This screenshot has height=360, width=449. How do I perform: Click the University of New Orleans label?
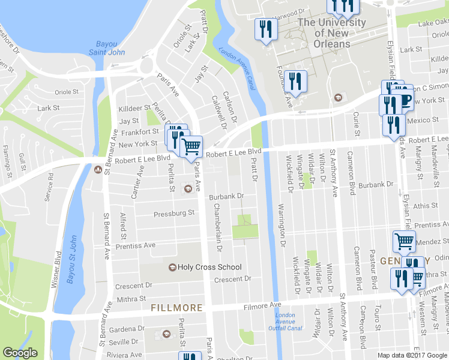331,33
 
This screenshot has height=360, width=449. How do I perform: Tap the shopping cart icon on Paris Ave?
191,146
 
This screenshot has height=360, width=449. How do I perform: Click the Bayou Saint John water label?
110,48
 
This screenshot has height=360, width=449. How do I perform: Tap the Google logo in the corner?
20,353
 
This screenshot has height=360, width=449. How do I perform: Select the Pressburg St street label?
174,213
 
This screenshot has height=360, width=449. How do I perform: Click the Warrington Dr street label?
281,226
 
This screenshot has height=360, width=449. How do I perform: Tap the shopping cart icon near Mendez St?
404,241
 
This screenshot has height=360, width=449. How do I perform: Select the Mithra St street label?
131,298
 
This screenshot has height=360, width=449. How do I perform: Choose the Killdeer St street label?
134,108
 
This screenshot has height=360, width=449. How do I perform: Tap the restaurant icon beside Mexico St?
394,125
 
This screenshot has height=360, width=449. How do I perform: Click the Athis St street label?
426,206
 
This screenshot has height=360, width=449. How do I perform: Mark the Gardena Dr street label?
127,329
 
